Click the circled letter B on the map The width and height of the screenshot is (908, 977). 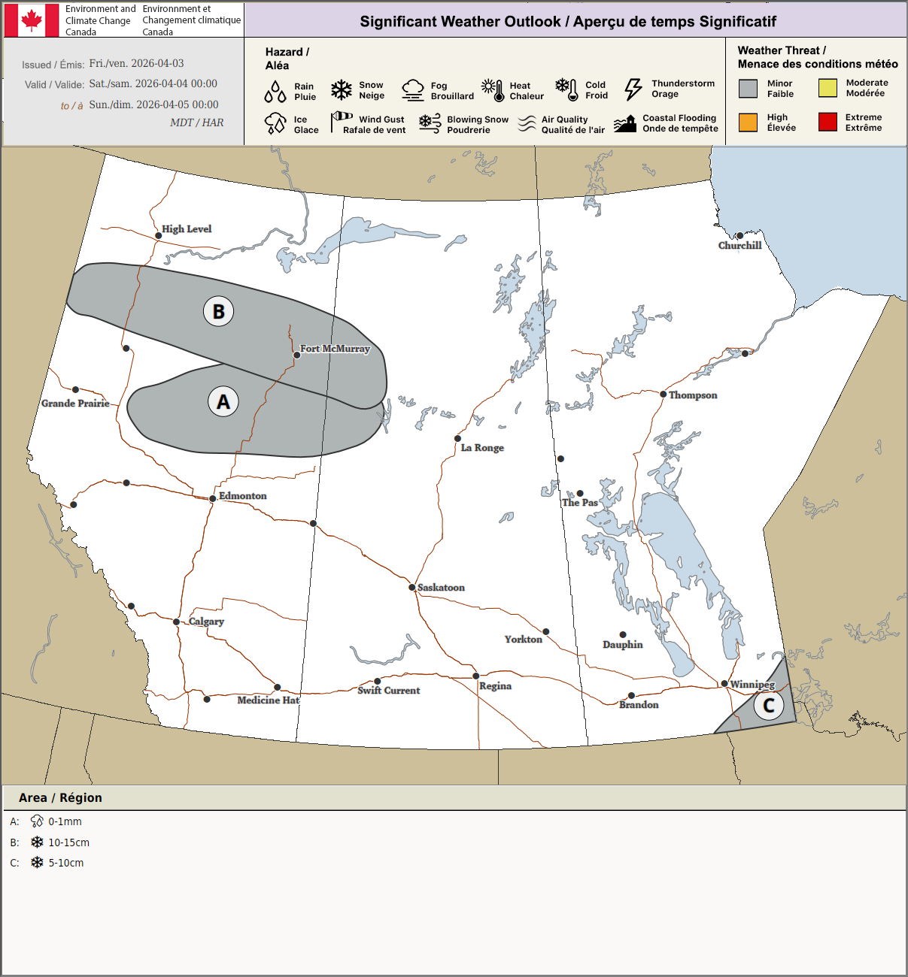(x=219, y=311)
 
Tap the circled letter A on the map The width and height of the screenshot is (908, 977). (x=223, y=402)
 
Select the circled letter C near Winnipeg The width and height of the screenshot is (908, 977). (x=769, y=705)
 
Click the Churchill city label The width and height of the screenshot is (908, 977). (x=739, y=246)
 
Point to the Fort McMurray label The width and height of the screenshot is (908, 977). (x=335, y=349)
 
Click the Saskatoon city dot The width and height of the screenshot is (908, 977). (x=412, y=588)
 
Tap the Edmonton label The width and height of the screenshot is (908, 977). (x=242, y=496)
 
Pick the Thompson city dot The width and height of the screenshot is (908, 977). (x=664, y=395)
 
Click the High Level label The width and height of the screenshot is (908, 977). (x=187, y=229)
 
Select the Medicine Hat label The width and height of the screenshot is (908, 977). (x=268, y=700)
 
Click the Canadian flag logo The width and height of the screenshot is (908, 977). (x=32, y=20)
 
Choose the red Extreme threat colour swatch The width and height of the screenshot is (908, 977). (x=828, y=122)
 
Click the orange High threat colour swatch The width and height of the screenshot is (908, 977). (x=748, y=122)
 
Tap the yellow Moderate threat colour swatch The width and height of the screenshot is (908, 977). (x=828, y=88)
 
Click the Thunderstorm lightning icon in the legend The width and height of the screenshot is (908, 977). (x=633, y=89)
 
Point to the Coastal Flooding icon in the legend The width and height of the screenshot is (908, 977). (x=625, y=124)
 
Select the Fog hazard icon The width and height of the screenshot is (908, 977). (x=413, y=90)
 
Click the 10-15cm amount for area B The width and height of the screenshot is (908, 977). (x=69, y=842)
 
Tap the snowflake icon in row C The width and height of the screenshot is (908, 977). (x=37, y=863)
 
